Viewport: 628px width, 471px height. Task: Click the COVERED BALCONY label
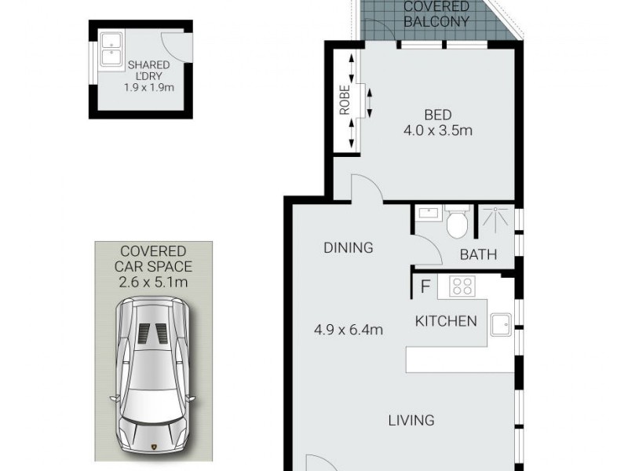coord(436,14)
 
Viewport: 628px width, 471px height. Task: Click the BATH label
coord(478,254)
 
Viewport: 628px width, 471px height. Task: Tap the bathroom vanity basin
coord(428,214)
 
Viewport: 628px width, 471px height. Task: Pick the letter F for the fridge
coord(425,287)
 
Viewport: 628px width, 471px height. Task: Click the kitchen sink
coord(501,323)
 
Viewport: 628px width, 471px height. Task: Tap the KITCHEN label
coord(446,320)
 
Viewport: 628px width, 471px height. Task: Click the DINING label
coord(348,248)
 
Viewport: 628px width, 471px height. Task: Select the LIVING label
coord(411,420)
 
